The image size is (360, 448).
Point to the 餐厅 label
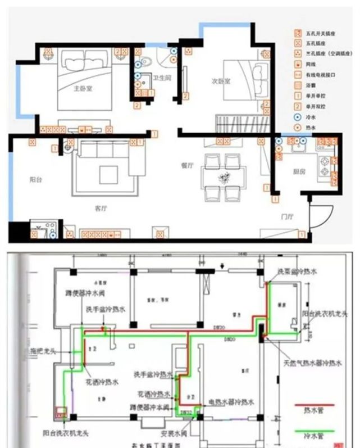(187, 165)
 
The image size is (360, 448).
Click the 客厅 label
(101, 208)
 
